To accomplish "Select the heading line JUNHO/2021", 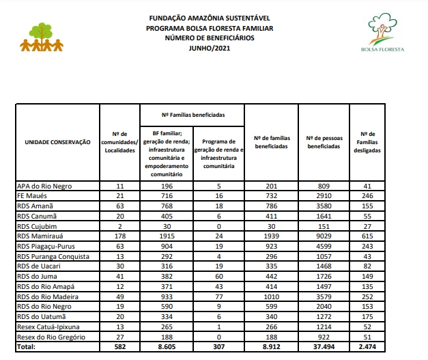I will click(x=210, y=47).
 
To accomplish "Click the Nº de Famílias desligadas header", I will click(x=367, y=142).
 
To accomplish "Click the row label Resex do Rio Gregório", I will click(x=51, y=336).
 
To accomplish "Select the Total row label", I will click(x=27, y=347).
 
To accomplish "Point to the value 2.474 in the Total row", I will click(x=367, y=347).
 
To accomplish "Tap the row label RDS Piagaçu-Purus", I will click(x=46, y=246).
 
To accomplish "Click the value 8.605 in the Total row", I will click(x=167, y=347).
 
